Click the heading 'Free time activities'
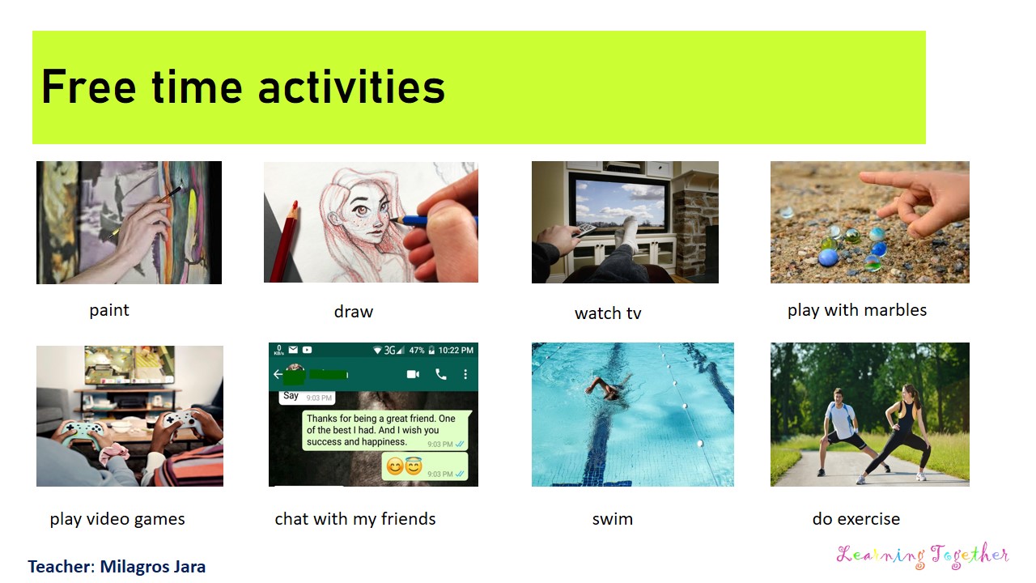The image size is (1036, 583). (243, 87)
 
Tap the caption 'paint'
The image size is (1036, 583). (109, 310)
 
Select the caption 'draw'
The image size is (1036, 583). (354, 312)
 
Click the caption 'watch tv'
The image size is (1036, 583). (608, 313)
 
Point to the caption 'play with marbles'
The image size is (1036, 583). (857, 310)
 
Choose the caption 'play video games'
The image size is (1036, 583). (117, 519)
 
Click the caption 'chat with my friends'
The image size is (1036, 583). (355, 519)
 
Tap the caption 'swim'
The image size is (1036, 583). (613, 519)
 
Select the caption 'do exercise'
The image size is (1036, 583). (856, 519)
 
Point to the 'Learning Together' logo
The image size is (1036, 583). (923, 555)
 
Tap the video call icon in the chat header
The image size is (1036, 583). (414, 374)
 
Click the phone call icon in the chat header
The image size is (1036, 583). (441, 374)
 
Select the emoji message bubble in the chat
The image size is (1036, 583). (424, 466)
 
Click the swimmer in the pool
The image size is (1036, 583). (609, 388)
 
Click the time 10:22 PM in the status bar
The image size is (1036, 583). (456, 350)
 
